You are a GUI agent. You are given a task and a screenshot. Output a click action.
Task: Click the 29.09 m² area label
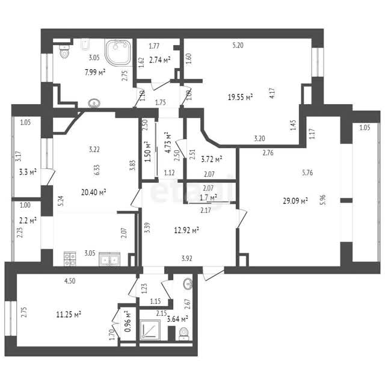tap(295, 201)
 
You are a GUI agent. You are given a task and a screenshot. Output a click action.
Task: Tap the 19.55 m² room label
tap(241, 97)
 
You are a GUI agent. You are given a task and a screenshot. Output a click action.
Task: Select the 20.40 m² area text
tap(94, 192)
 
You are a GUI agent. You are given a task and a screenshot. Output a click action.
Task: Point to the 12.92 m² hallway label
tap(186, 230)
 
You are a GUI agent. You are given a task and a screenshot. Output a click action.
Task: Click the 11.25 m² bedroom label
tap(69, 314)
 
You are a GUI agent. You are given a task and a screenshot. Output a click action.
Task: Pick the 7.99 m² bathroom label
tap(95, 72)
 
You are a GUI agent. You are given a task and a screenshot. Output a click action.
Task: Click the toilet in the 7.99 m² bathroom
tap(64, 51)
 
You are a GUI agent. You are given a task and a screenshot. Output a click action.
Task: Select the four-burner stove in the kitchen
tap(70, 259)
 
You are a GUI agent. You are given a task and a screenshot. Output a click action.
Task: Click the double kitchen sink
tap(109, 259)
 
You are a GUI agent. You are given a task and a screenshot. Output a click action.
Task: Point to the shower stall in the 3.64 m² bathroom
tap(150, 330)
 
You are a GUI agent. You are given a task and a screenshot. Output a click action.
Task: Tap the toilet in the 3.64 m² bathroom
tap(183, 334)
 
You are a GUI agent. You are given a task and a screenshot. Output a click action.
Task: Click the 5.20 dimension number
tap(238, 46)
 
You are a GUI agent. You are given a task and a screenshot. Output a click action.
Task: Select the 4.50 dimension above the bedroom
tap(70, 281)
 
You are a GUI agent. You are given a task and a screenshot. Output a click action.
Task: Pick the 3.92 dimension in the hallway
tap(187, 258)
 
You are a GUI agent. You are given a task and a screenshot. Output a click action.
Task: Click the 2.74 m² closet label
tap(160, 60)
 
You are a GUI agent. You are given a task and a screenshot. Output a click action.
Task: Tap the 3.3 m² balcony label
tap(28, 172)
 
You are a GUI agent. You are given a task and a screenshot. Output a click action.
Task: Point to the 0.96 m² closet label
tap(128, 321)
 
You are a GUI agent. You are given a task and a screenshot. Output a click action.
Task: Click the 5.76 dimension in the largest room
tap(307, 173)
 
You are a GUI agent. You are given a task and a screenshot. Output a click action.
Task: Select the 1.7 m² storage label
tap(208, 197)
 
